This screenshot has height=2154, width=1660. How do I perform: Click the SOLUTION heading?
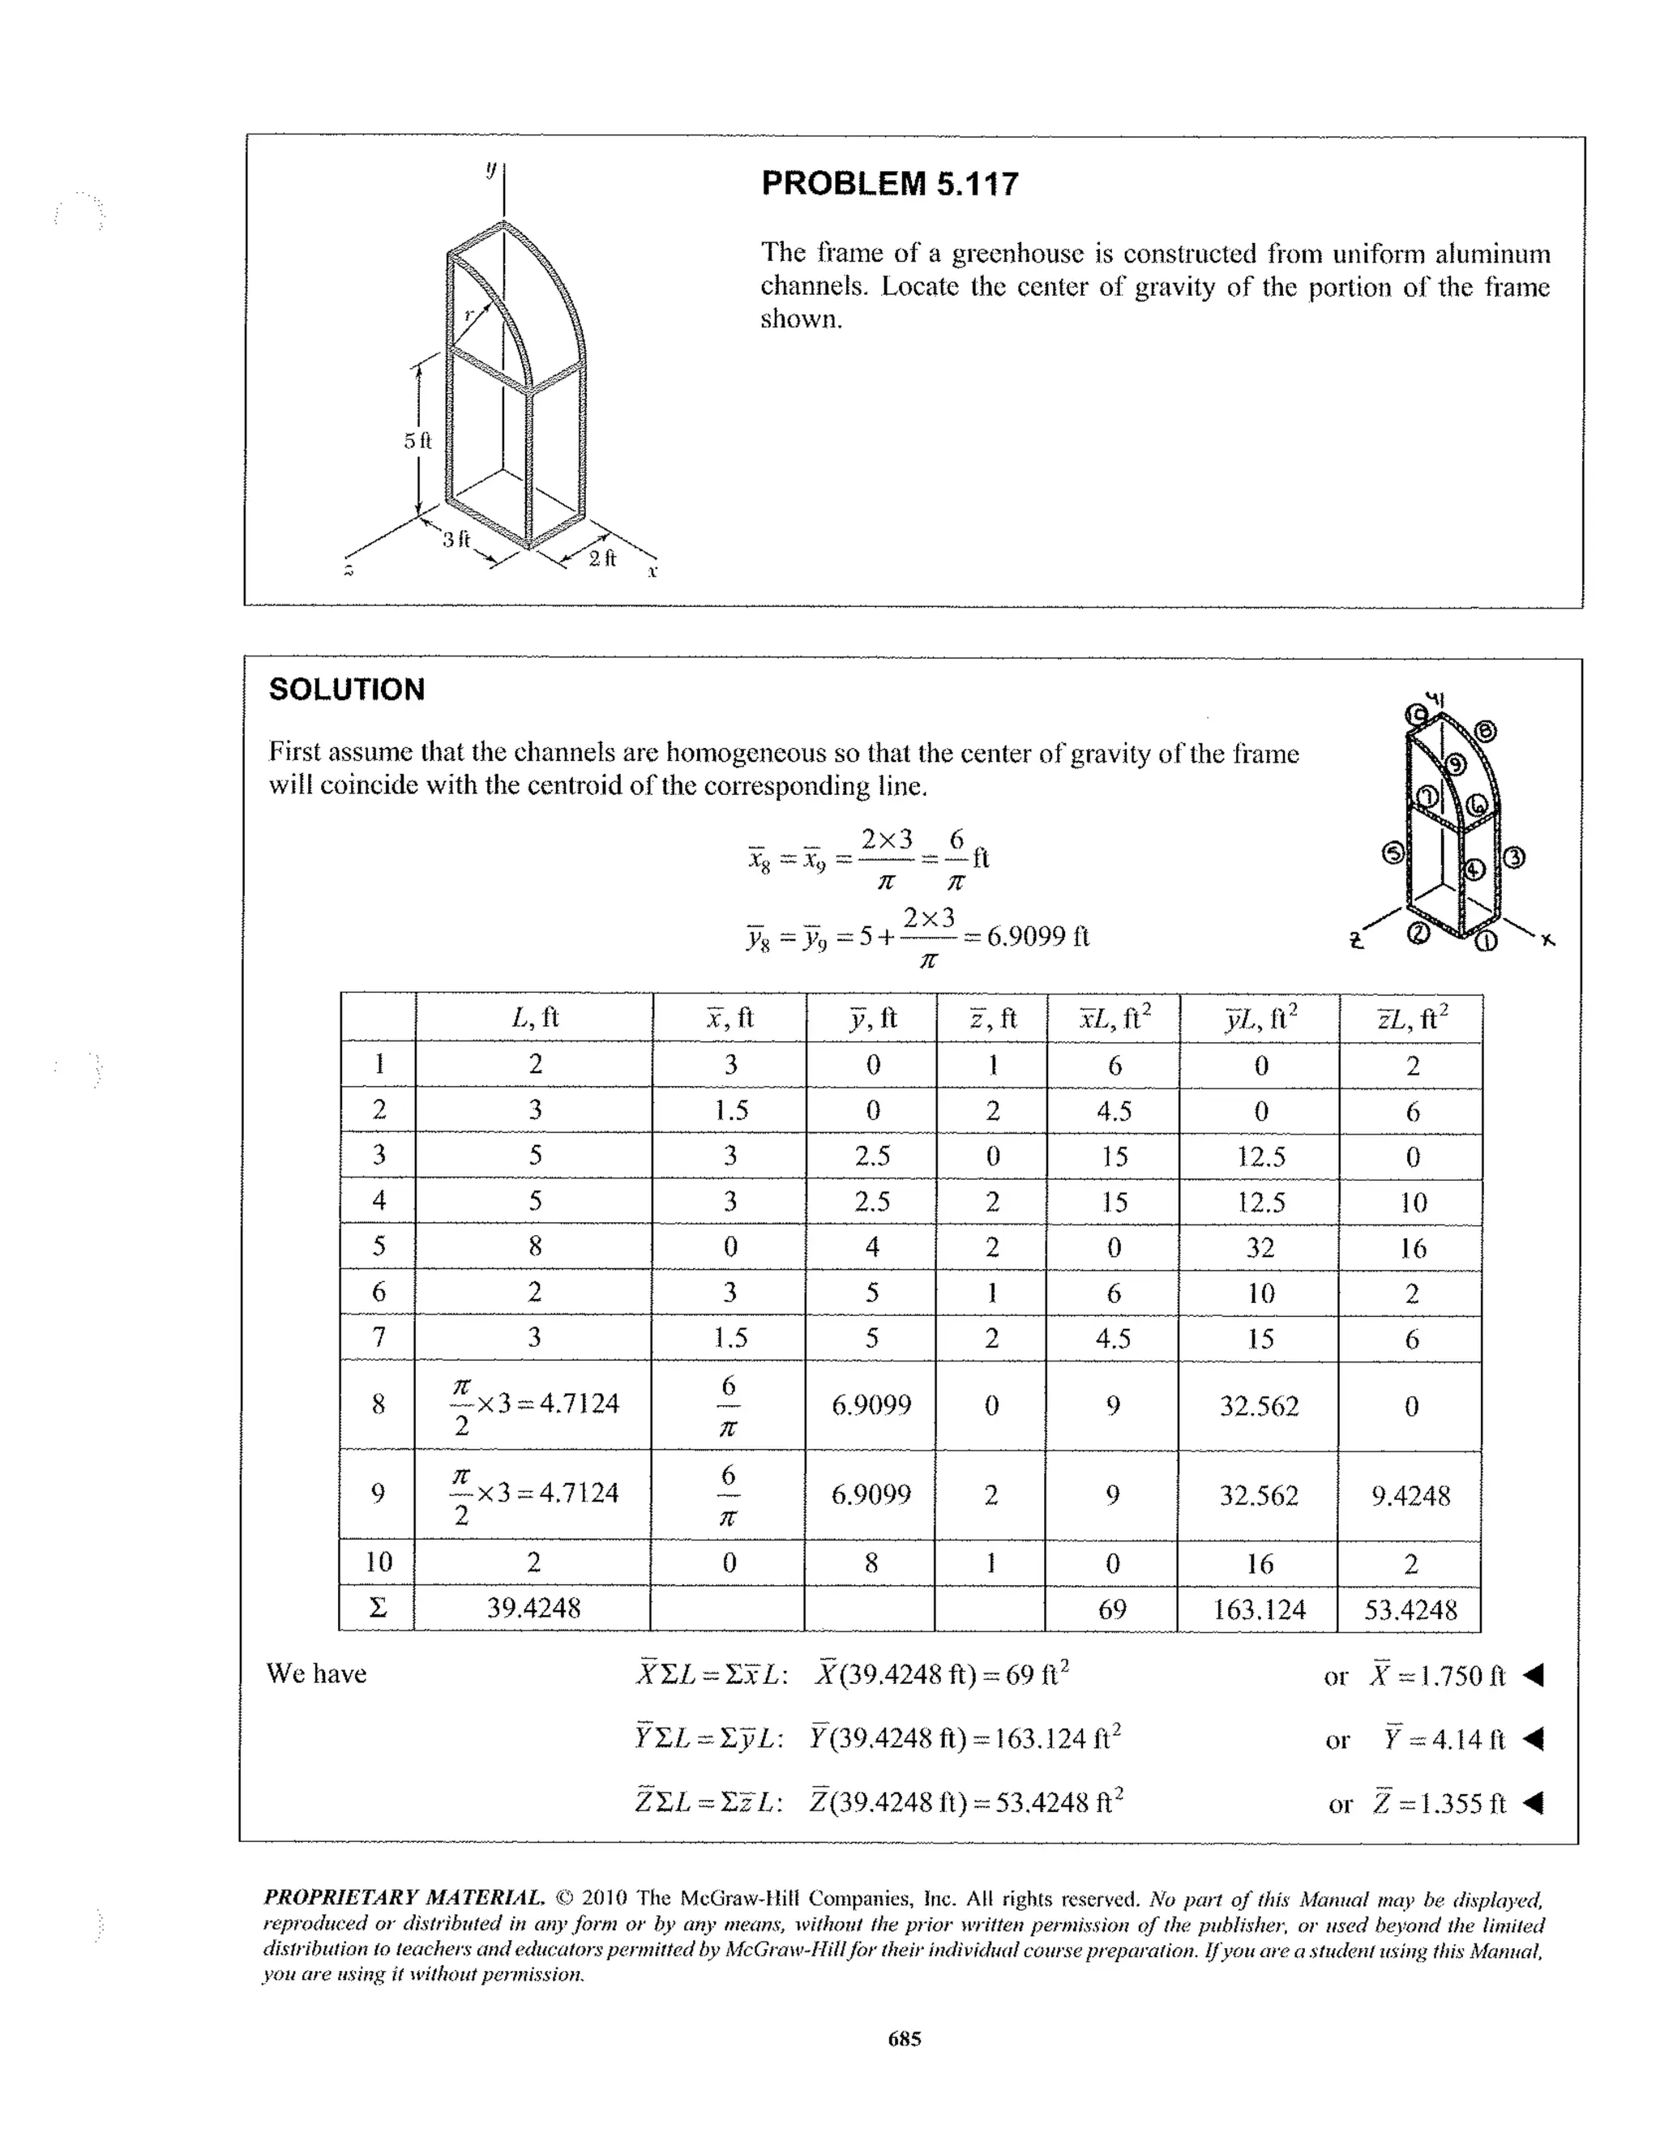(x=346, y=690)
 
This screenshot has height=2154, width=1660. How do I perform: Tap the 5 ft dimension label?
(x=417, y=440)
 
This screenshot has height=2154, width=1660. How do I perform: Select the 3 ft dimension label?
(x=456, y=540)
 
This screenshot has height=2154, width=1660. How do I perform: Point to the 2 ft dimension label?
(x=601, y=558)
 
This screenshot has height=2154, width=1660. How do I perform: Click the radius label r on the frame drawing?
(x=469, y=314)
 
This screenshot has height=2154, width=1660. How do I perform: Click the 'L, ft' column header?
(x=535, y=1017)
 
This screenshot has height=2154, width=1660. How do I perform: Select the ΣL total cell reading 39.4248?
(x=533, y=1608)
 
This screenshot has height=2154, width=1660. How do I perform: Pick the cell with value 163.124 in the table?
(x=1259, y=1609)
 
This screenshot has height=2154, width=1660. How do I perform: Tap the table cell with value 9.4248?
(x=1410, y=1496)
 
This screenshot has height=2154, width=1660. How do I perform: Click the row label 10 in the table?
(x=378, y=1562)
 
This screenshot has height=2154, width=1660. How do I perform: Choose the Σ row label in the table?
(x=377, y=1609)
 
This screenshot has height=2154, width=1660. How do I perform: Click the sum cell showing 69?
(x=1111, y=1609)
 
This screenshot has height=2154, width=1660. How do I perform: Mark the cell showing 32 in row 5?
(x=1260, y=1248)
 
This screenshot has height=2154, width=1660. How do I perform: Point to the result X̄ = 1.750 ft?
(x=1437, y=1676)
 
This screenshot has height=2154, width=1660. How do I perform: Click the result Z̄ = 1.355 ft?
(x=1439, y=1804)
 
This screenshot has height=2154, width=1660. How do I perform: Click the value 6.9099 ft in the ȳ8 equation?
(x=1037, y=935)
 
